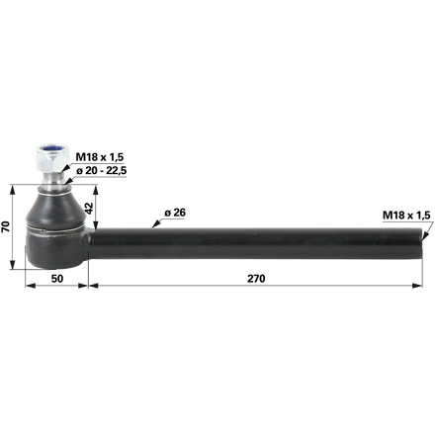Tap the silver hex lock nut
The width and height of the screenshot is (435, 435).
[52, 158]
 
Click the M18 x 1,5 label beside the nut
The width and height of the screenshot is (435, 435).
[100, 157]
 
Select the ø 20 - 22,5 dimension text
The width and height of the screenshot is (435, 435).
[102, 171]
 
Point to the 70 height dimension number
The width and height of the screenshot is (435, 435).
[6, 226]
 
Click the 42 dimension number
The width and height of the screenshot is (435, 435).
[89, 209]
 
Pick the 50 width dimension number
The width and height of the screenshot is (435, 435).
[57, 279]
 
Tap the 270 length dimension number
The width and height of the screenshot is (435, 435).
[256, 279]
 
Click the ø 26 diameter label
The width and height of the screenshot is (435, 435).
[175, 213]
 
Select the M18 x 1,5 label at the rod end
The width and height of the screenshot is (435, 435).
[406, 216]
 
